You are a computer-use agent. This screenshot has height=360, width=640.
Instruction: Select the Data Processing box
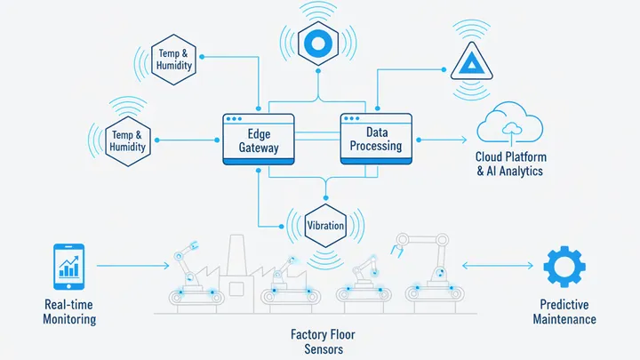pyautogui.click(x=377, y=139)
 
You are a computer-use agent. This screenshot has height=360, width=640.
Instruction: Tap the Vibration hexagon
pyautogui.click(x=324, y=225)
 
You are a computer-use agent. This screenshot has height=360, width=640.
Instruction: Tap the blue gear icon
pyautogui.click(x=563, y=267)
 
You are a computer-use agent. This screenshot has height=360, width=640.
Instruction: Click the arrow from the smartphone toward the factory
pyautogui.click(x=132, y=265)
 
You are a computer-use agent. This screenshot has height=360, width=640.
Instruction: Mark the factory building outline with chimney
pyautogui.click(x=234, y=267)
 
